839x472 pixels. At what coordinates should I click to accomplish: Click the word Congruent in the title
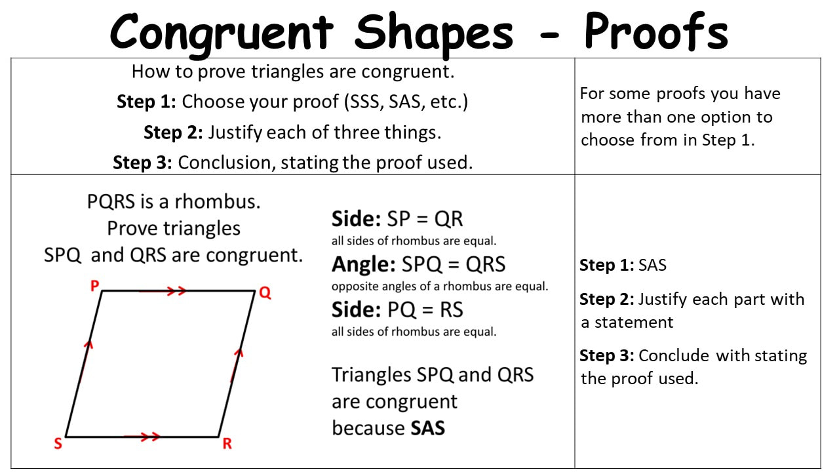click(x=222, y=33)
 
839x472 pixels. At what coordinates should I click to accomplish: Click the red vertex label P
click(x=94, y=286)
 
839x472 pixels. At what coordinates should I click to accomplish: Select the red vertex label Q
click(x=265, y=292)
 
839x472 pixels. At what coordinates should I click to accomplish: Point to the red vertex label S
click(x=58, y=444)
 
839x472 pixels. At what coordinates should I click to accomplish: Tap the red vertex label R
click(x=227, y=444)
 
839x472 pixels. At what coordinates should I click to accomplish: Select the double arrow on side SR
click(x=142, y=436)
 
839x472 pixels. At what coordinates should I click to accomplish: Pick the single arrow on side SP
click(x=86, y=360)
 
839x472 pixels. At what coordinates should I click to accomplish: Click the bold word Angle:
click(x=364, y=264)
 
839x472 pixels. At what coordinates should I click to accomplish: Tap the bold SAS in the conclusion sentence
click(x=428, y=428)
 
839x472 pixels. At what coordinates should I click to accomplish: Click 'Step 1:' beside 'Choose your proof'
click(x=146, y=102)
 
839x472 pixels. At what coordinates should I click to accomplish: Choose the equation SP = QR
click(x=425, y=219)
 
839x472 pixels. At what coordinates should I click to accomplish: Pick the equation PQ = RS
click(x=425, y=310)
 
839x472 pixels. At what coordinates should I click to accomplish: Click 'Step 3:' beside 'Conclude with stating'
click(x=607, y=355)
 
